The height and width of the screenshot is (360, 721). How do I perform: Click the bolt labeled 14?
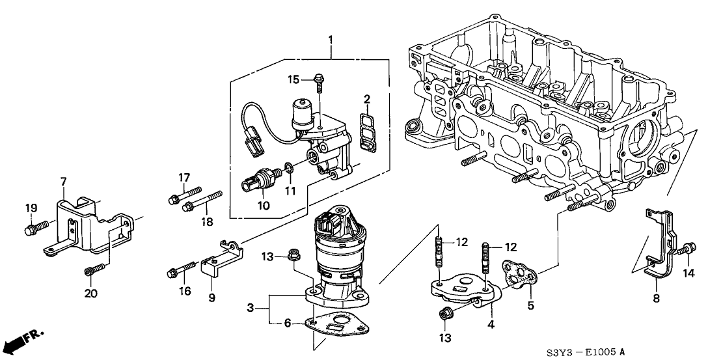coord(688,249)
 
